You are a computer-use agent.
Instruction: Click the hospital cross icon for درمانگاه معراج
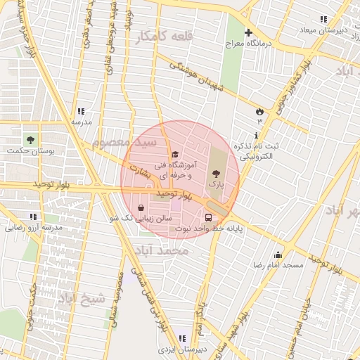click(247, 32)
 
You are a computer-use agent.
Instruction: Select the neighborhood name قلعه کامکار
click(145, 37)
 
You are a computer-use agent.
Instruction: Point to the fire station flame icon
click(259, 111)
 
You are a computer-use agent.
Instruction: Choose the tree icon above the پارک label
click(216, 172)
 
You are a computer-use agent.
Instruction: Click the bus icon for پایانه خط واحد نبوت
click(208, 217)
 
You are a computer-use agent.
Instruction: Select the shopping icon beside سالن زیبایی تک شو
click(142, 208)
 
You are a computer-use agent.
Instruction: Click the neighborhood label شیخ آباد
click(82, 299)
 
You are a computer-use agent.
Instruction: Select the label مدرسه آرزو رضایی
click(34, 228)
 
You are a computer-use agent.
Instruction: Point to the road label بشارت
click(139, 170)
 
